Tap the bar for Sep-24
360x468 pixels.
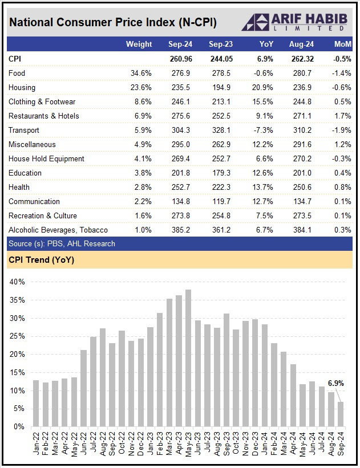[x=341, y=414]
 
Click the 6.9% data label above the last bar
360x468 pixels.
[x=335, y=384]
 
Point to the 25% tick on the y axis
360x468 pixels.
[x=18, y=336]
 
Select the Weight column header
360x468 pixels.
[x=139, y=44]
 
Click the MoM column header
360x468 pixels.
[x=342, y=44]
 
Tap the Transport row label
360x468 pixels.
[x=25, y=130]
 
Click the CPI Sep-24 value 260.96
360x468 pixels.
[x=181, y=59]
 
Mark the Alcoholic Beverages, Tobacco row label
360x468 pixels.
[x=58, y=230]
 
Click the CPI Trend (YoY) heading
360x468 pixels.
[x=41, y=261]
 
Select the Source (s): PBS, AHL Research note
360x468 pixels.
[x=62, y=243]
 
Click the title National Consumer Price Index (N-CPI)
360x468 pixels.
[x=113, y=22]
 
